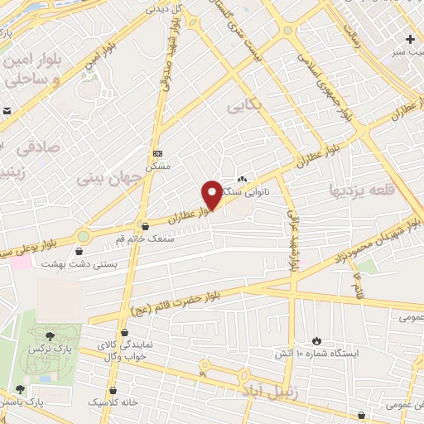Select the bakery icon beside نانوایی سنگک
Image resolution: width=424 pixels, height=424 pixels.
pyautogui.click(x=243, y=179)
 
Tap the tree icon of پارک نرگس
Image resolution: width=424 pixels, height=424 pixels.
pyautogui.click(x=51, y=336)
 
